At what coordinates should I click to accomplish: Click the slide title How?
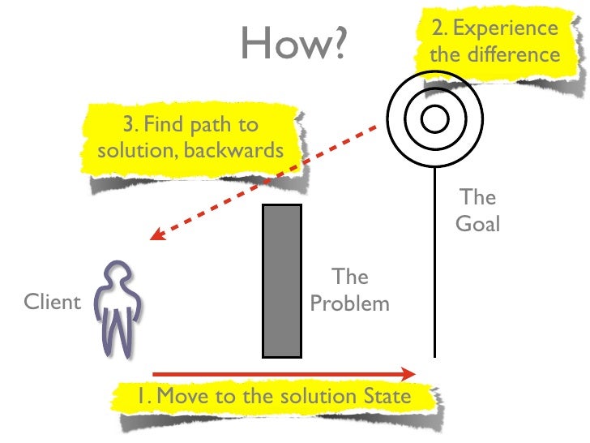[x=293, y=45]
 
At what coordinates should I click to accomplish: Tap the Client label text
[x=53, y=303]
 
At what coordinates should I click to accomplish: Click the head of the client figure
[x=118, y=273]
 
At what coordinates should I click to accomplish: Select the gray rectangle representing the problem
[x=282, y=281]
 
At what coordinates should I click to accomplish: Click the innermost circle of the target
[x=434, y=120]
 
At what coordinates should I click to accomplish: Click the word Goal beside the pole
[x=477, y=224]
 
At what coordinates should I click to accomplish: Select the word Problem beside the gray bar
[x=350, y=304]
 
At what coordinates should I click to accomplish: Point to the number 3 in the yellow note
[x=128, y=125]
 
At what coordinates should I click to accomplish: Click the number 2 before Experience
[x=438, y=29]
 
